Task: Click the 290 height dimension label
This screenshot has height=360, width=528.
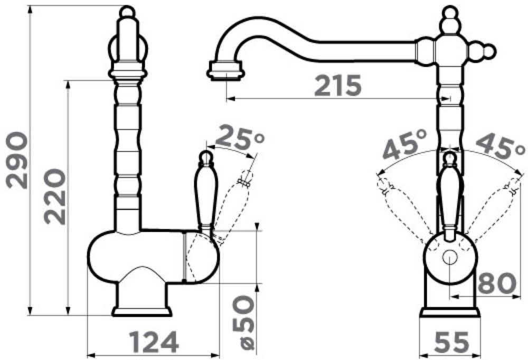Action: (x=16, y=160)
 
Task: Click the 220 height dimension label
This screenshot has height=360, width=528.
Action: (x=55, y=196)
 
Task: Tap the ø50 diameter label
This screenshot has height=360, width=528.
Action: (x=243, y=323)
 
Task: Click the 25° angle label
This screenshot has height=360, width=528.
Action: (x=239, y=137)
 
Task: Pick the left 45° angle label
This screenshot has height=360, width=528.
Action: (x=405, y=145)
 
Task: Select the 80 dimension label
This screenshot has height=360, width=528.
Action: (x=497, y=283)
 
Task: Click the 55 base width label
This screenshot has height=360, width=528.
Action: (x=451, y=342)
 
